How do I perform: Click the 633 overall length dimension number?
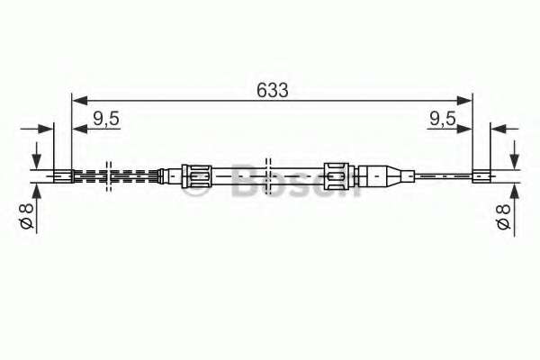[272, 90]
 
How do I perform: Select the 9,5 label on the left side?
[106, 119]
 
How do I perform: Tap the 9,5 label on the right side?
[443, 119]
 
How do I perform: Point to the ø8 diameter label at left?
[26, 216]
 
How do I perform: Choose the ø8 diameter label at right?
[503, 216]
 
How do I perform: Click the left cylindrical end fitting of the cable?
[63, 176]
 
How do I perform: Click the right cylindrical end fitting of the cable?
[481, 176]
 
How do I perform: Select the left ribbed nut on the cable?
[196, 176]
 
